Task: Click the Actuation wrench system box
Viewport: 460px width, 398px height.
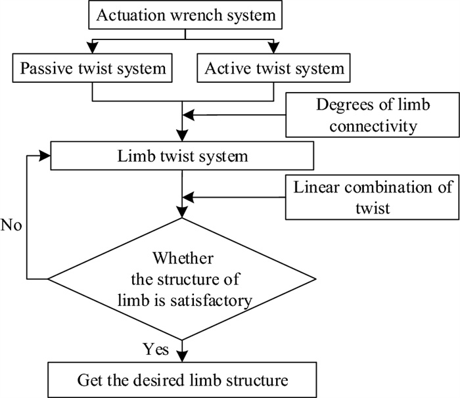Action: pos(185,14)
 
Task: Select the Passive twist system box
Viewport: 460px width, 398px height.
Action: pos(92,68)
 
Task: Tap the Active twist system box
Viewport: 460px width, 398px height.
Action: pos(273,68)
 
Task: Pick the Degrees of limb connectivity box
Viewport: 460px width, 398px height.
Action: pos(373,115)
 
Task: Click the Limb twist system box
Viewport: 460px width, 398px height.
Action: pos(182,156)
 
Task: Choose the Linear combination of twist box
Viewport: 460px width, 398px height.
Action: pos(373,197)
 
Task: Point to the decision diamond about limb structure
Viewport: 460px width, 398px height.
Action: pos(182,279)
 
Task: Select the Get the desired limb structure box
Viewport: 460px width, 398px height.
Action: pos(182,380)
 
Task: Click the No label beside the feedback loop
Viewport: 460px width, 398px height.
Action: pos(11,225)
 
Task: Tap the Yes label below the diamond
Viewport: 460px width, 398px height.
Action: pos(156,349)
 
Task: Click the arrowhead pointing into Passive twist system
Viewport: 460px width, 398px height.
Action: pos(93,47)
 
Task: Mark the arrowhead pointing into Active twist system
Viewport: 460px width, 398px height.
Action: pos(274,47)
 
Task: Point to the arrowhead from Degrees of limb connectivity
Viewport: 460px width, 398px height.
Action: pos(189,115)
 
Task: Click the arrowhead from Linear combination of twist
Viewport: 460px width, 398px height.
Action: pos(189,197)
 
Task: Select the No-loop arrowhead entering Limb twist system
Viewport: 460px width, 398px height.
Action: pos(45,156)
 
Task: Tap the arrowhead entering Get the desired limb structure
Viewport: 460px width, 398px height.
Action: pos(182,357)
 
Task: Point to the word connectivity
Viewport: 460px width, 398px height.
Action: pos(373,126)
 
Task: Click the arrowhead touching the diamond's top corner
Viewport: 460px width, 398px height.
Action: pos(182,212)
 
